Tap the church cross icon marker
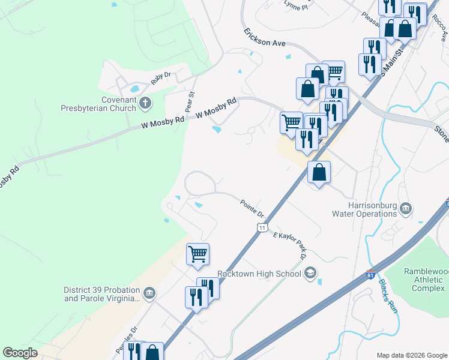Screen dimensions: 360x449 tap(145, 104)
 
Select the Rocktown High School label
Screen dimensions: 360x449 tap(259, 274)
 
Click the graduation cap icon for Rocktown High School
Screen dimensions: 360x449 tap(310, 274)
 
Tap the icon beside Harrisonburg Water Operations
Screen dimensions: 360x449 tap(406, 208)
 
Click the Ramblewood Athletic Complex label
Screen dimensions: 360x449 tap(426, 280)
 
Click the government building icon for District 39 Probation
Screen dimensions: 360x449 tap(150, 293)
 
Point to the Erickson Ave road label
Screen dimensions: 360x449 tap(264, 38)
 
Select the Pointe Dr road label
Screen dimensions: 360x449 tap(253, 209)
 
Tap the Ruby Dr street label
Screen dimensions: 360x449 tap(161, 78)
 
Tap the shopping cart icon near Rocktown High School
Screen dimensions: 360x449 tap(197, 254)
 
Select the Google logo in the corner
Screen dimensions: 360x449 tap(20, 353)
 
